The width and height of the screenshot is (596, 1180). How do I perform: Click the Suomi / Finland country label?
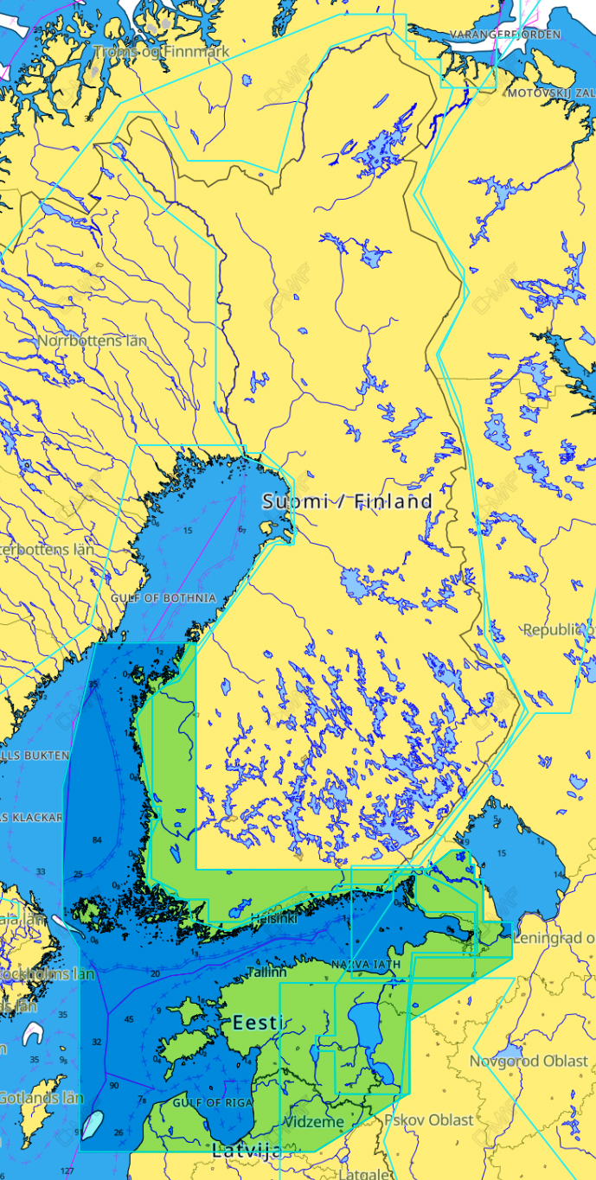(x=347, y=501)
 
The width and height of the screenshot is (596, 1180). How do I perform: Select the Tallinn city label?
(x=266, y=972)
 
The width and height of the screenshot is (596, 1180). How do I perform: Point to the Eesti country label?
(x=256, y=1023)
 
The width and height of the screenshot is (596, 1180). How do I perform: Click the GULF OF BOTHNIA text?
(x=163, y=598)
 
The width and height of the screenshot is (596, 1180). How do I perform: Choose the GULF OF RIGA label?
(x=212, y=1103)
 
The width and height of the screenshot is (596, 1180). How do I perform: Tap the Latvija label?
(x=247, y=1151)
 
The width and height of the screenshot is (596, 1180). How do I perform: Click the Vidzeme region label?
(x=314, y=1122)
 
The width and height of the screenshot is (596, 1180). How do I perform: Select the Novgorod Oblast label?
(x=529, y=1061)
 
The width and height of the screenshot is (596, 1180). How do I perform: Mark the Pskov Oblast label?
(x=430, y=1119)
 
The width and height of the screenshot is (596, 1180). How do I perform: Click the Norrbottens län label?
(x=92, y=341)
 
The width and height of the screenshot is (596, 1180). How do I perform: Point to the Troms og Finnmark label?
(x=162, y=52)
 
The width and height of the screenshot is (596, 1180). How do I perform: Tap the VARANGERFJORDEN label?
(x=504, y=35)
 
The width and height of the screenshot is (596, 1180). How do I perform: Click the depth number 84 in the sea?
(x=97, y=840)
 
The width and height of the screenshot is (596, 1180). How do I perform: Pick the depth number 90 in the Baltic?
(x=113, y=1085)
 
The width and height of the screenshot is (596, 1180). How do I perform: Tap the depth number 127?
(x=67, y=1171)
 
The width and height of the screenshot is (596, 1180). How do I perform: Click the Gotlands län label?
(x=41, y=1098)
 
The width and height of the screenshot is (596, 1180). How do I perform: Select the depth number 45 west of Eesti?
(x=129, y=1019)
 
